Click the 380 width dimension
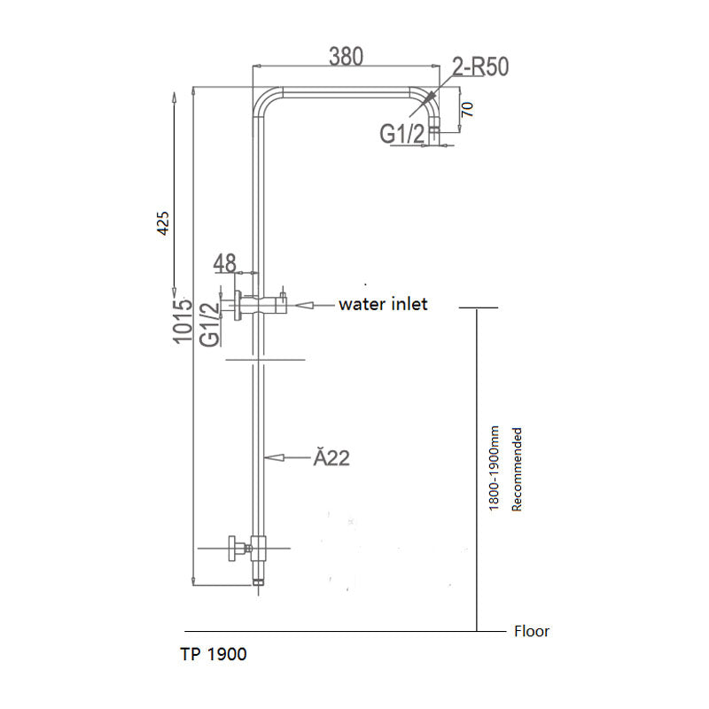pyautogui.click(x=347, y=56)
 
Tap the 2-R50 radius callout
pyautogui.click(x=479, y=67)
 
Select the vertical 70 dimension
pyautogui.click(x=468, y=110)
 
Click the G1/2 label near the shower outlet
pyautogui.click(x=403, y=134)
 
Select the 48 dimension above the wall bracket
pyautogui.click(x=225, y=262)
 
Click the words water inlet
pyautogui.click(x=383, y=304)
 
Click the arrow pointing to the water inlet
pyautogui.click(x=309, y=305)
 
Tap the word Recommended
pyautogui.click(x=517, y=469)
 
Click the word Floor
pyautogui.click(x=532, y=632)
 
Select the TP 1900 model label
pyautogui.click(x=213, y=655)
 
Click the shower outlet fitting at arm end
pyautogui.click(x=434, y=134)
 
